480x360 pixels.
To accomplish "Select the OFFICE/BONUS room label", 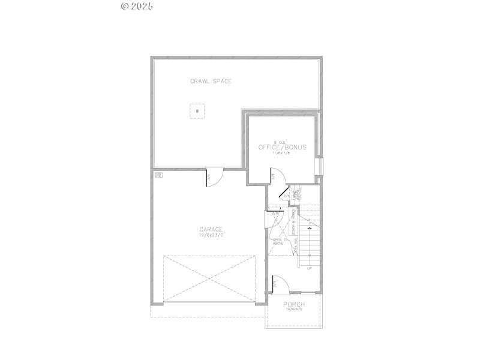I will (x=282, y=147).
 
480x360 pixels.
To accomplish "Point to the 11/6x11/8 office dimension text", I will (x=282, y=154).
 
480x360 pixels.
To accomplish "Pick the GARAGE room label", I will (x=211, y=229).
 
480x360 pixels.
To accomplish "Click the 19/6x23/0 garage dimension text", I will (x=211, y=235).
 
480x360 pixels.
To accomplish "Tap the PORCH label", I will (x=294, y=304).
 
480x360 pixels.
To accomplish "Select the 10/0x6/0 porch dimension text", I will (x=294, y=310).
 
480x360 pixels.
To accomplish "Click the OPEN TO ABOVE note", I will (x=281, y=242).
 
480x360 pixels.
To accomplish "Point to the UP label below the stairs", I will (x=310, y=268).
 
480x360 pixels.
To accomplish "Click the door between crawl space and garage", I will (x=214, y=178).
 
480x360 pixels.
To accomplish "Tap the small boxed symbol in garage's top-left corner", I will (x=158, y=175).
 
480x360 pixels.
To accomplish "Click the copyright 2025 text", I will (x=137, y=6).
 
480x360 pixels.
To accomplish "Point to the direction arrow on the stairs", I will (x=310, y=227).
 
